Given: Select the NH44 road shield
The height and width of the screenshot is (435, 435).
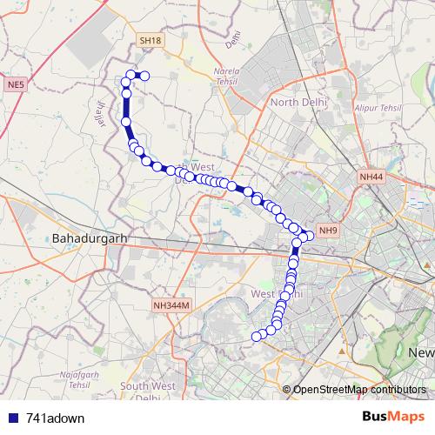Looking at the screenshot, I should (x=371, y=177).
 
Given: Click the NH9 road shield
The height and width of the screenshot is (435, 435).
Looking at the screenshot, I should (x=327, y=230).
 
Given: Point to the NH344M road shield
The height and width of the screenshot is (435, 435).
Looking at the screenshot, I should (x=171, y=304).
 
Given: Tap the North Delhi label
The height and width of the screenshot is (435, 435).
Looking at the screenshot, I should (x=298, y=102).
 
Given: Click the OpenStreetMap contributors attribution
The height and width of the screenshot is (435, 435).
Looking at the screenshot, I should (x=359, y=389).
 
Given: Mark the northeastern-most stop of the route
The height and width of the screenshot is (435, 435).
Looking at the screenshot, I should (x=145, y=76).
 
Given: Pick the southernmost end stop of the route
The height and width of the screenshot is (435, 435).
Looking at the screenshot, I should (x=258, y=336).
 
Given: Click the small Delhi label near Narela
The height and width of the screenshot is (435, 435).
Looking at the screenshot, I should (x=231, y=39).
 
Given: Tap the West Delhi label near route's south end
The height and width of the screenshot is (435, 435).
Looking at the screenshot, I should (x=276, y=295).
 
